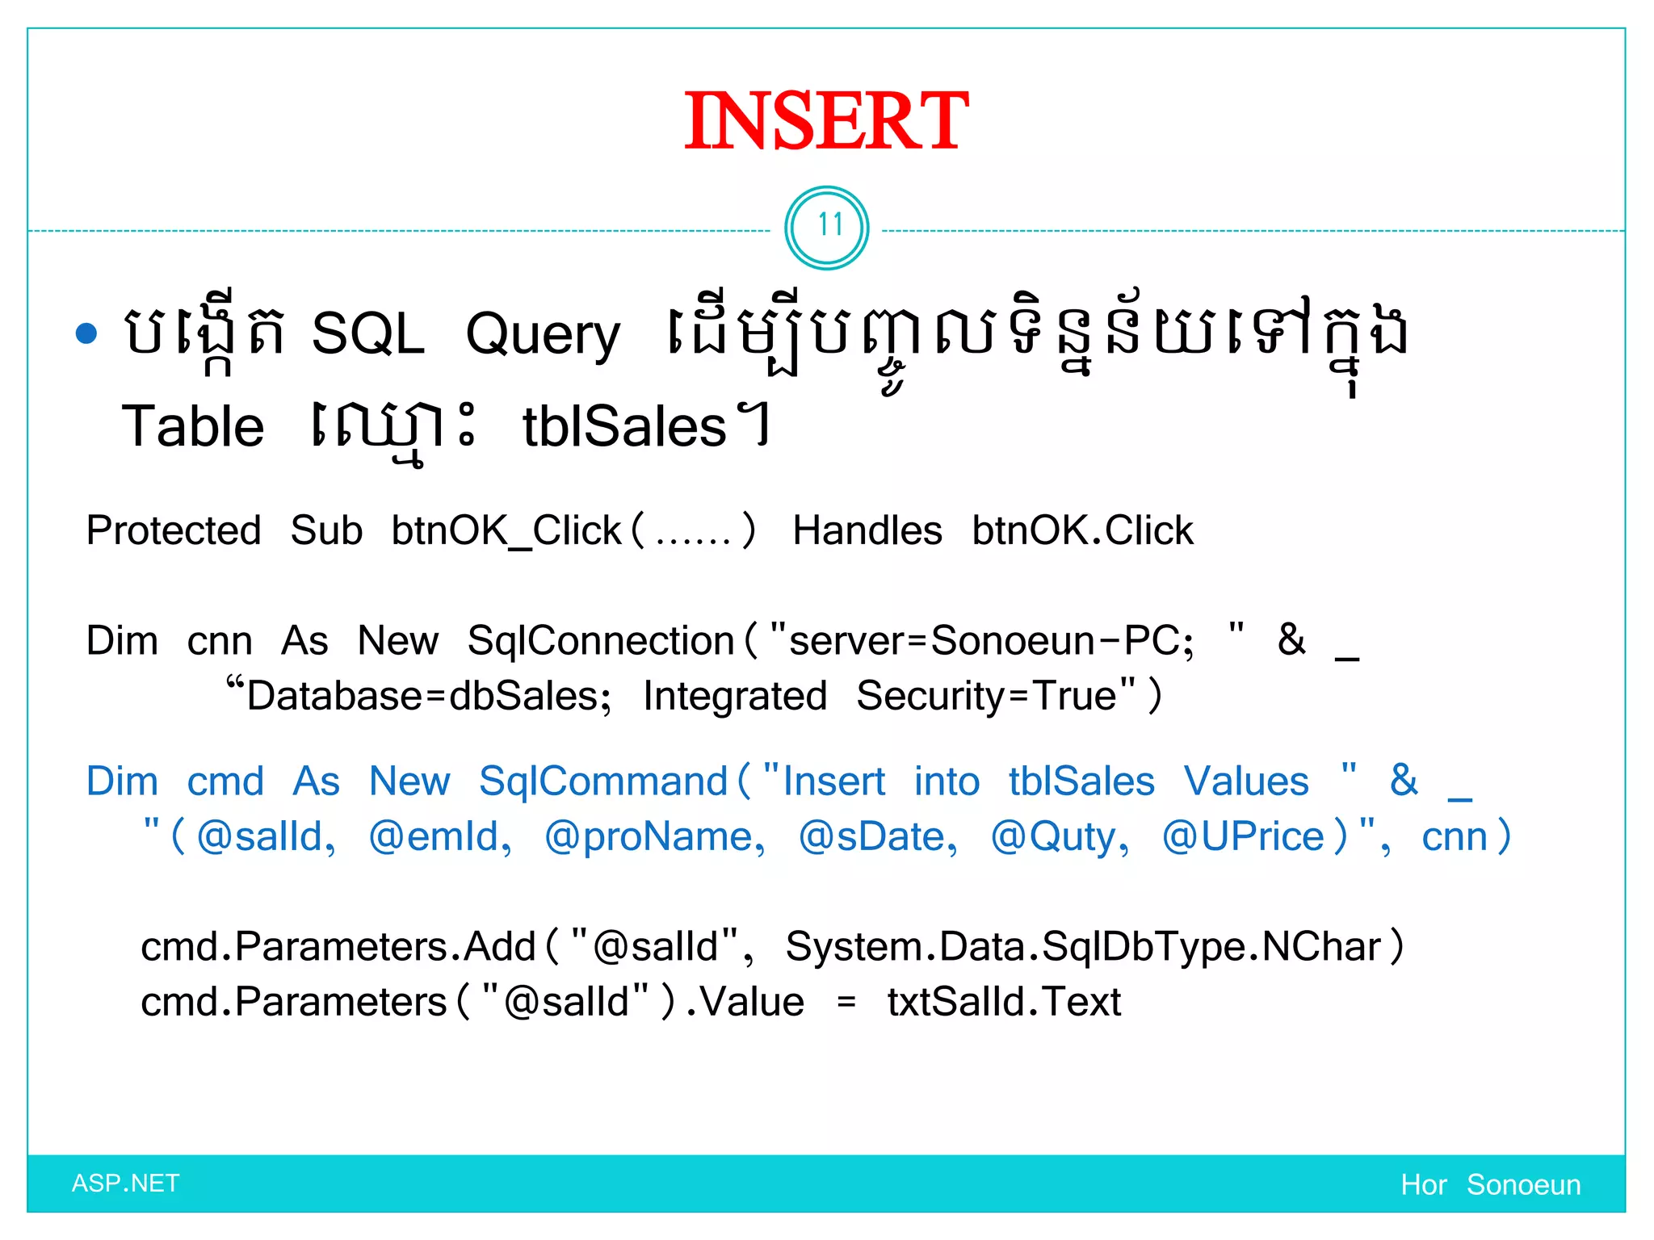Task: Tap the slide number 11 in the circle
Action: (x=827, y=226)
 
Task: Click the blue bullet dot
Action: (x=86, y=333)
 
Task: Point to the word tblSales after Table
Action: (x=624, y=427)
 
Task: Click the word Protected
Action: (x=174, y=531)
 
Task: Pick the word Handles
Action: (x=867, y=531)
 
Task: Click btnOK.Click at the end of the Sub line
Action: (x=1082, y=531)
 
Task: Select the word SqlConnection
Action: (x=600, y=641)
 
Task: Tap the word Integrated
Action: (x=735, y=696)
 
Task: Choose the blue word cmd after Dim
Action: (x=225, y=781)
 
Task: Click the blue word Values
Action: (x=1246, y=781)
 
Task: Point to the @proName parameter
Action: (x=655, y=837)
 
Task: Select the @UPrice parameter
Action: (x=1244, y=837)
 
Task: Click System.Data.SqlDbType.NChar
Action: (x=1083, y=947)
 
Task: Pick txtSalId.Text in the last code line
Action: (x=1004, y=1003)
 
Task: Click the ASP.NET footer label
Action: (x=125, y=1183)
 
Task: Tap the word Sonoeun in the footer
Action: (x=1523, y=1185)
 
